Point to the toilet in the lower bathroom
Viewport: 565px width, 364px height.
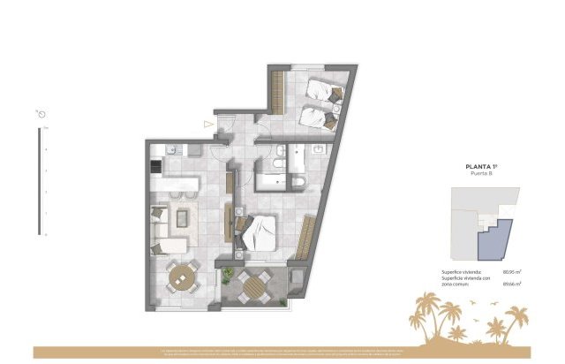pos(299,182)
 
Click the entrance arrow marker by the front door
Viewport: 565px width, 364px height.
pos(208,125)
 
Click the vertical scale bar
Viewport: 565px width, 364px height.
pos(39,181)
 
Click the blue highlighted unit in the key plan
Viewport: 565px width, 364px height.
pos(496,239)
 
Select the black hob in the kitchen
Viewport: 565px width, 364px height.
pos(155,166)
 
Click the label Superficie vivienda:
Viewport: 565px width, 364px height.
pos(462,271)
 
